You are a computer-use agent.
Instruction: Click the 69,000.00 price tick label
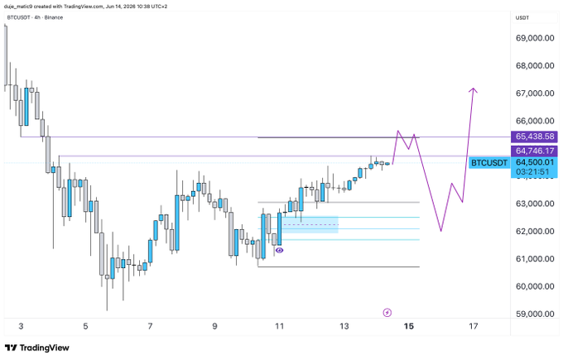click(535, 38)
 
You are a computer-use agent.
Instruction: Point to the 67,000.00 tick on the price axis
click(535, 94)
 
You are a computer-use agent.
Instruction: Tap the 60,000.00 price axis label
click(535, 286)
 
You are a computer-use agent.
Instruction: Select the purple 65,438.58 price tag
click(534, 137)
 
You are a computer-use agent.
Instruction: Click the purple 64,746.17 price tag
click(534, 151)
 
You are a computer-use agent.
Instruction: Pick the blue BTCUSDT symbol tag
click(489, 163)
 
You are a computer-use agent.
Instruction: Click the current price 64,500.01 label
click(535, 162)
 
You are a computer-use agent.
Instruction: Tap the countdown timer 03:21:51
click(532, 172)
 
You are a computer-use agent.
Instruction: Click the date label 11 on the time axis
click(279, 326)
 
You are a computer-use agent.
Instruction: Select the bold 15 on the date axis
click(409, 326)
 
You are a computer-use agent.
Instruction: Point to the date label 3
click(21, 326)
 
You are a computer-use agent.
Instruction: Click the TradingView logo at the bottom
click(37, 348)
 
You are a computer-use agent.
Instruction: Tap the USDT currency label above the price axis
click(522, 18)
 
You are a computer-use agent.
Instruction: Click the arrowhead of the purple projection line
click(474, 89)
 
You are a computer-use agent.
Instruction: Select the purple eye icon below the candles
click(279, 250)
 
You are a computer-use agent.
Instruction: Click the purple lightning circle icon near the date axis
click(387, 313)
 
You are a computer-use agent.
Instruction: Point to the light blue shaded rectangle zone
click(310, 224)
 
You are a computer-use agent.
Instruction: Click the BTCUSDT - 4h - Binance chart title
click(35, 17)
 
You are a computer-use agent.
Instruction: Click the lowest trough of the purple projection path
click(441, 230)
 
